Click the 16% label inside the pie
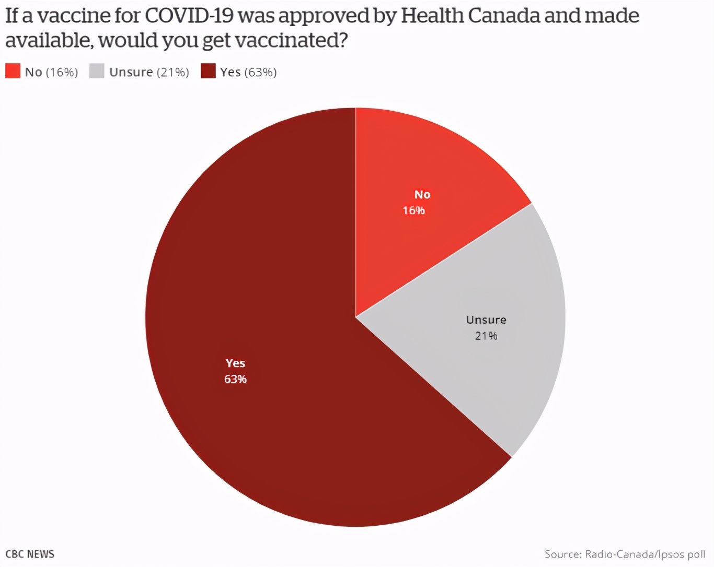[x=413, y=210]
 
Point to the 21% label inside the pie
[x=486, y=336]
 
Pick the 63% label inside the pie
[x=235, y=379]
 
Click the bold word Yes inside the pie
[x=235, y=363]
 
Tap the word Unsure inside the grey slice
[x=486, y=320]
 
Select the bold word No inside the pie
[x=422, y=194]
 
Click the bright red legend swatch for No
[x=13, y=71]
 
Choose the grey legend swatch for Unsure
[x=97, y=71]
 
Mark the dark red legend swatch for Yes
[x=208, y=71]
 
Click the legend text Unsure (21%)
[x=149, y=72]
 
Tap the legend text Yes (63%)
[x=248, y=72]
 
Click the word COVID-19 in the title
[x=189, y=16]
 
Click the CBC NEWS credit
[x=30, y=554]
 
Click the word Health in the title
[x=432, y=16]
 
